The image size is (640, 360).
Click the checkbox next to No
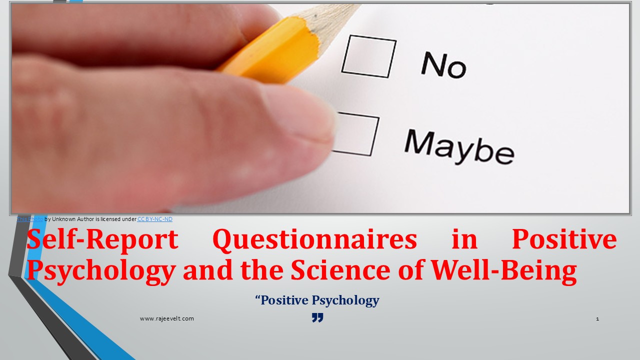tap(368, 56)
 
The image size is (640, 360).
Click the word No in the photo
tap(443, 65)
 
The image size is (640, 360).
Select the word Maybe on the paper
tap(458, 145)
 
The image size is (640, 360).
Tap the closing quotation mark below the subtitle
tap(317, 317)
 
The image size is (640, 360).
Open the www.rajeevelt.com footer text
tap(166, 318)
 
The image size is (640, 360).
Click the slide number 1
tap(597, 318)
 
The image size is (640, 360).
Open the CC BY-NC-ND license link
tap(155, 219)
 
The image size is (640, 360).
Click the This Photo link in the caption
tap(30, 219)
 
